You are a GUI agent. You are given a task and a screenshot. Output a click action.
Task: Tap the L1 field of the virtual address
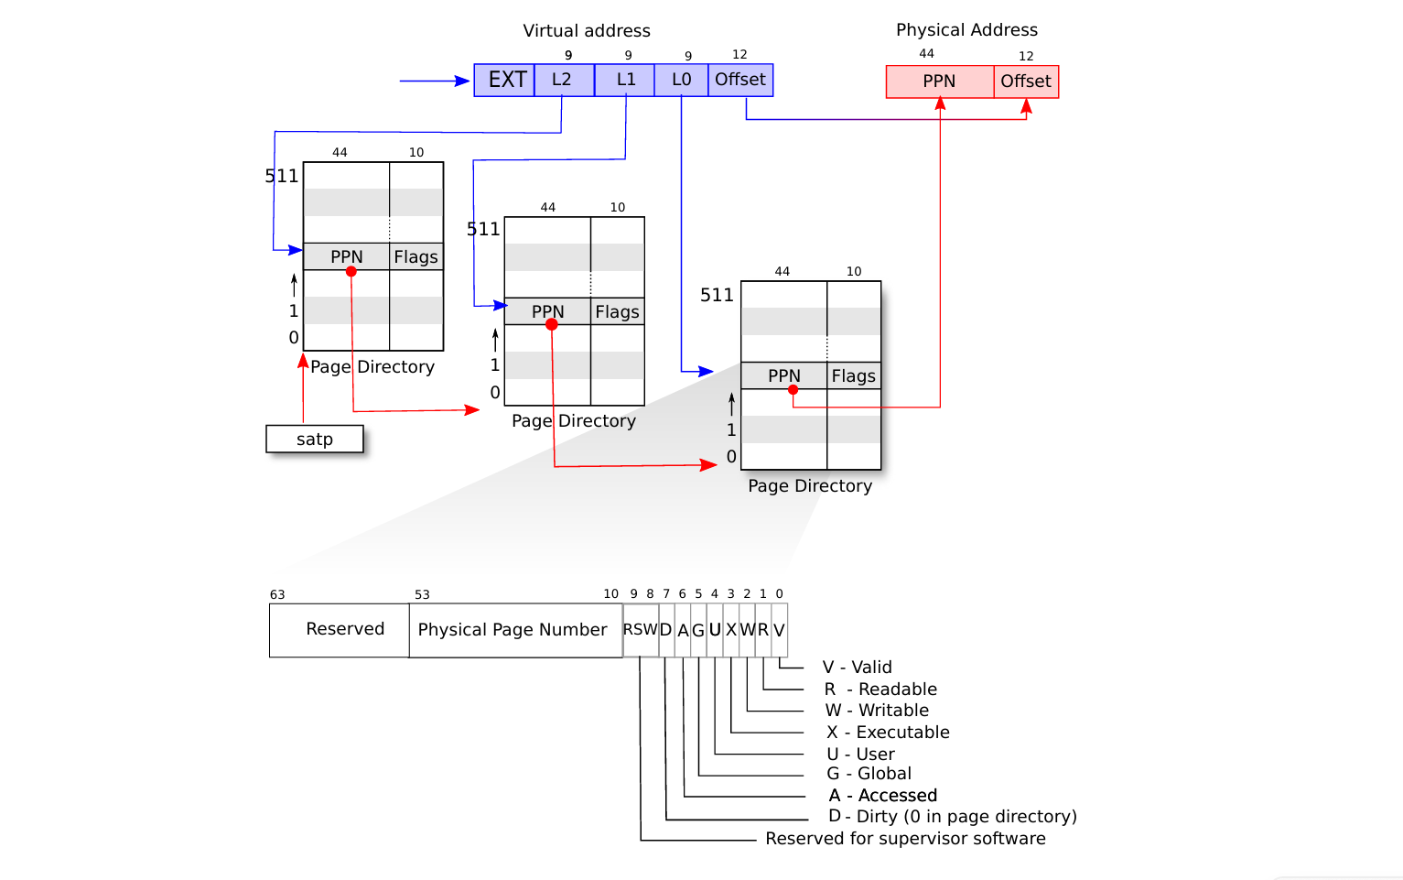pos(625,80)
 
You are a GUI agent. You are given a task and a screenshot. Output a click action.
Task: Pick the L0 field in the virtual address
pos(681,80)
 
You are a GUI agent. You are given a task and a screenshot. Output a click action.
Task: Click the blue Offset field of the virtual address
pos(740,80)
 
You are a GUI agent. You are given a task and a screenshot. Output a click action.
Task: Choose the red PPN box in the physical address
pos(939,81)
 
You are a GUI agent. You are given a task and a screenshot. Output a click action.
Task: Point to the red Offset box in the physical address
pos(1026,81)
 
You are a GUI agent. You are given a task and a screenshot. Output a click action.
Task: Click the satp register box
pos(315,440)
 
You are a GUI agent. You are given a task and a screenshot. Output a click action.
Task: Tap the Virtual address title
pos(587,30)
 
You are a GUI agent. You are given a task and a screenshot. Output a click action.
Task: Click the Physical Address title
pos(966,29)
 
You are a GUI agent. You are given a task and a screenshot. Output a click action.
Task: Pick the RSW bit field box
pos(641,630)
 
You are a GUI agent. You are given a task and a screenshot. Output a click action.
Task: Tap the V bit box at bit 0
pos(779,630)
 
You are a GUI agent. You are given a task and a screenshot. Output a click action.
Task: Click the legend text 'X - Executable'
pos(888,733)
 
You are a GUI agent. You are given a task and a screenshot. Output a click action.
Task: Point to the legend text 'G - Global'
pos(869,774)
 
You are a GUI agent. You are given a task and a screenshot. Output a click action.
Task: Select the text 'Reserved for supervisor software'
pos(905,839)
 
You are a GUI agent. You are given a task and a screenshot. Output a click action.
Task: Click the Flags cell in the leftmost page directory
pos(416,257)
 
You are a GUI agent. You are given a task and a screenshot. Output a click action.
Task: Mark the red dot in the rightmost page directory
pos(793,390)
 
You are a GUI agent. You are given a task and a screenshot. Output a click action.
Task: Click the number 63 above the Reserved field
pos(277,594)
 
